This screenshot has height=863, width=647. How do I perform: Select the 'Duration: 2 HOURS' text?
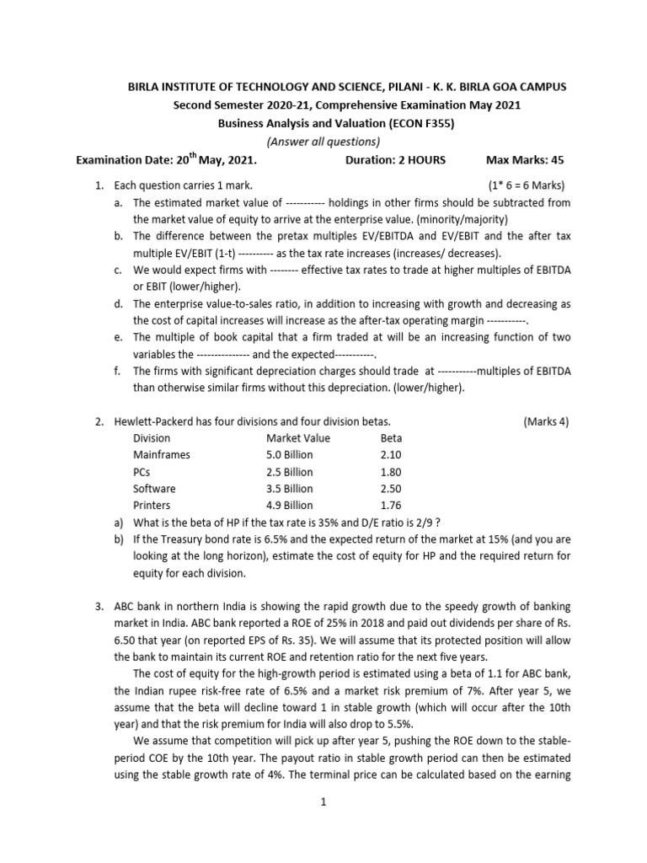click(395, 159)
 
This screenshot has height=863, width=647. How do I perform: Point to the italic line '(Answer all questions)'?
click(323, 141)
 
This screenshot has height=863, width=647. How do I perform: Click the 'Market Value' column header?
click(297, 438)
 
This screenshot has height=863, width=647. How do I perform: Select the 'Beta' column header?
click(391, 438)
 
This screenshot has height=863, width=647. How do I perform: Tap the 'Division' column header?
click(152, 438)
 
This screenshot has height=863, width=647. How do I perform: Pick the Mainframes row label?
click(162, 455)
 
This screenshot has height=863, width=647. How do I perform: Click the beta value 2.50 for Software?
click(392, 489)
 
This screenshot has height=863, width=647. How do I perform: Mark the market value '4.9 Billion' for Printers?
click(289, 506)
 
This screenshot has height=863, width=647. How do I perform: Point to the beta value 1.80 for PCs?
click(392, 472)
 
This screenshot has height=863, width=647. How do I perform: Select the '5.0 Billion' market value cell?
click(289, 455)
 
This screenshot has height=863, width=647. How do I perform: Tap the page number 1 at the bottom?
click(323, 803)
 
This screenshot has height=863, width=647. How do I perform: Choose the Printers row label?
click(152, 506)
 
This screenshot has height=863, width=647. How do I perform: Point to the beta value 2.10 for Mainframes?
click(392, 455)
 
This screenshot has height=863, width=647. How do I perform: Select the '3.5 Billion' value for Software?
click(289, 489)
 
